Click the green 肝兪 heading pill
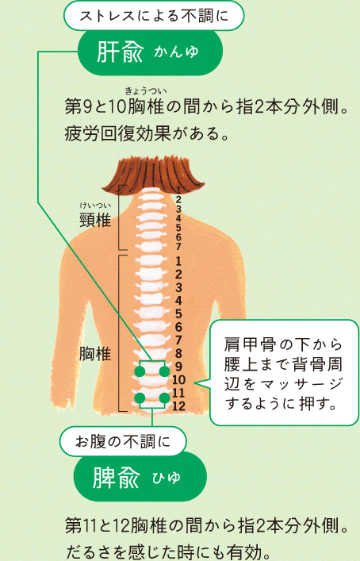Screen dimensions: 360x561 (150, 52)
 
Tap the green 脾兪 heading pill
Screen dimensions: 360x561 (140, 477)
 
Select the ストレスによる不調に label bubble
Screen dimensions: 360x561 (154, 16)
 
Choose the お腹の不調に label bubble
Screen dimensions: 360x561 (123, 441)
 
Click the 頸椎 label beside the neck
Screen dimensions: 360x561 (94, 221)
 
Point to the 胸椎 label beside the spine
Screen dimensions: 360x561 (94, 354)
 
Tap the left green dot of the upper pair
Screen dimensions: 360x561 (140, 371)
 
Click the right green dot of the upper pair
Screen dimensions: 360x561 (164, 371)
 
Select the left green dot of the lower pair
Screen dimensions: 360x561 (140, 398)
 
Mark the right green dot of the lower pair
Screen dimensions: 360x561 (164, 398)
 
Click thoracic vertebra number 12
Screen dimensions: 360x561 (178, 406)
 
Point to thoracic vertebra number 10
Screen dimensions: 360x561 (178, 380)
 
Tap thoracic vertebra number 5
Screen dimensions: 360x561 (178, 313)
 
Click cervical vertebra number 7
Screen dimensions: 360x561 (178, 247)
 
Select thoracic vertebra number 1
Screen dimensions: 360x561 (178, 261)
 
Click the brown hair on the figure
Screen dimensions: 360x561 (153, 175)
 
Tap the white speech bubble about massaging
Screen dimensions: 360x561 (284, 372)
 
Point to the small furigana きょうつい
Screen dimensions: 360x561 (145, 91)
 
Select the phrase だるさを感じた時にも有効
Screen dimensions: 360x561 (168, 552)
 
